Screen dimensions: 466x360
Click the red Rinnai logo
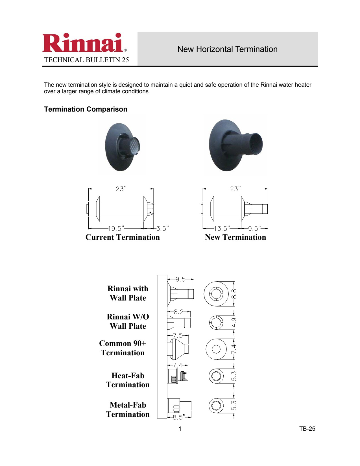click(x=84, y=43)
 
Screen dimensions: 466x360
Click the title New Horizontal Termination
click(x=227, y=49)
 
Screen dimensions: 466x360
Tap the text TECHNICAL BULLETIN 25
click(x=86, y=60)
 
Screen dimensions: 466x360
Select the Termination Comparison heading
click(x=86, y=109)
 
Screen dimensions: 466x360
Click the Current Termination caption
click(x=123, y=237)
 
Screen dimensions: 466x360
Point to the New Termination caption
click(x=235, y=237)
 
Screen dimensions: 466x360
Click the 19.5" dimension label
click(x=116, y=228)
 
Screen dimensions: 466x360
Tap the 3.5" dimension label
click(x=163, y=228)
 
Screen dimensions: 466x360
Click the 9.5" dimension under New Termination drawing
click(x=254, y=228)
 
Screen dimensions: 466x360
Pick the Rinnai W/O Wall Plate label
click(x=128, y=321)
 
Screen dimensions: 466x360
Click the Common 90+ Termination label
click(x=123, y=348)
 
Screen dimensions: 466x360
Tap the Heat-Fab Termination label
click(x=128, y=380)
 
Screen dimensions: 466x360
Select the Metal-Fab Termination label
click(x=128, y=410)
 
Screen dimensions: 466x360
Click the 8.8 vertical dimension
click(x=234, y=294)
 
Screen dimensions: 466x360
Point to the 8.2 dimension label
click(x=178, y=312)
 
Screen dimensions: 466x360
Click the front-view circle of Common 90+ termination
click(x=216, y=349)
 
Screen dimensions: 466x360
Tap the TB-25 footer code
click(x=307, y=429)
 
